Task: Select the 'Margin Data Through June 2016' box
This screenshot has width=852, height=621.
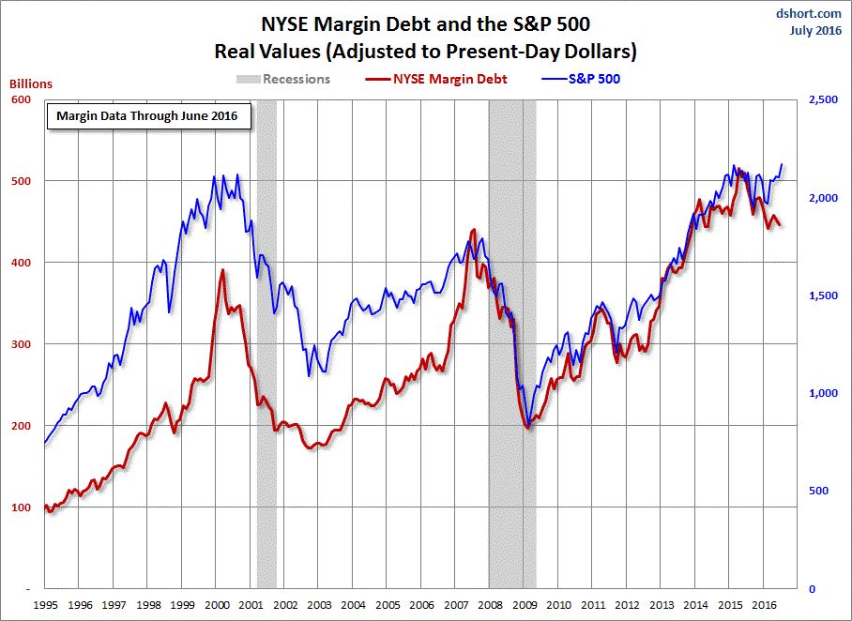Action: (x=147, y=116)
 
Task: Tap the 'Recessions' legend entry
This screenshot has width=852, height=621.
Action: (x=296, y=79)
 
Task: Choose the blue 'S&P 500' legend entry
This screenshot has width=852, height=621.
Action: (x=594, y=79)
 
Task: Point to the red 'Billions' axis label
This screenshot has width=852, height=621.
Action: (x=31, y=83)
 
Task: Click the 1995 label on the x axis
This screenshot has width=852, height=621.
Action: (x=46, y=605)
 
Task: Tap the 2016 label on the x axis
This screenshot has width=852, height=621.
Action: (x=765, y=605)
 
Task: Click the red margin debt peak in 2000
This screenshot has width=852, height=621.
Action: (x=222, y=271)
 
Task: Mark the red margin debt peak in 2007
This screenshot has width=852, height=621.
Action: (x=473, y=230)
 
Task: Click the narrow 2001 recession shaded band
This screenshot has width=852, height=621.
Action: (x=266, y=375)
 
